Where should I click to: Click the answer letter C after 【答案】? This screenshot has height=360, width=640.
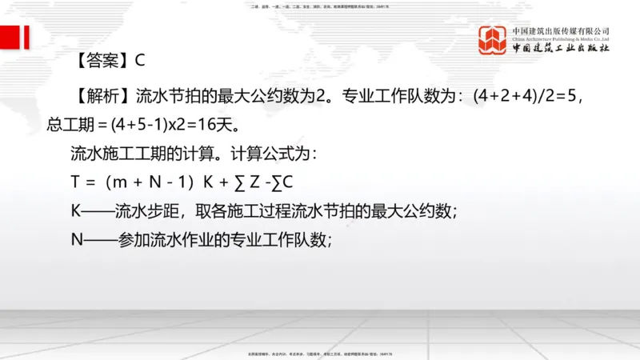click(x=139, y=60)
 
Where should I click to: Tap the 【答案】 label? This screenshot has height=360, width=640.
click(x=99, y=60)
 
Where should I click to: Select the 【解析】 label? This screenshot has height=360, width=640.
click(x=99, y=97)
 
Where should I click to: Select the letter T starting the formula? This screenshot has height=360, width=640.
click(x=76, y=182)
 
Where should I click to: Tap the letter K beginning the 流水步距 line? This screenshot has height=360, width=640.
click(x=76, y=211)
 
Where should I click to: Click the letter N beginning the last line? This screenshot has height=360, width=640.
click(x=77, y=240)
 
